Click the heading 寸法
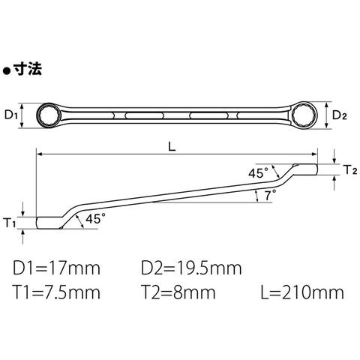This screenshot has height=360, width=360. (28, 68)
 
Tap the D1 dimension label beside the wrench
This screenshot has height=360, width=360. (11, 115)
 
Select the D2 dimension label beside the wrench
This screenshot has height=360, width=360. (340, 115)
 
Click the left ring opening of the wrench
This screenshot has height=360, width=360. (48, 115)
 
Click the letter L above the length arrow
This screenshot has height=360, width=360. (172, 147)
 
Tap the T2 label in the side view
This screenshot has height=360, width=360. (351, 170)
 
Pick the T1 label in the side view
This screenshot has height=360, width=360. (10, 223)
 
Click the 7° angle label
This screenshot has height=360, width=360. (270, 195)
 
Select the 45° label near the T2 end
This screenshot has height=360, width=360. (258, 173)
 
